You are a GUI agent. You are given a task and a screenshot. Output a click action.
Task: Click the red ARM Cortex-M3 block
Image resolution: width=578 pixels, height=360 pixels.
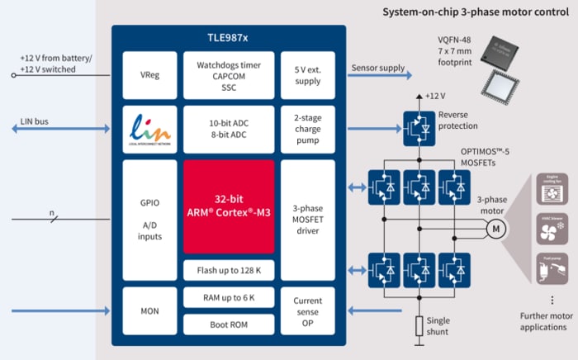[229, 206]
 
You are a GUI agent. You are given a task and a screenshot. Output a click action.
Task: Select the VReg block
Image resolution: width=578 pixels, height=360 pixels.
[149, 73]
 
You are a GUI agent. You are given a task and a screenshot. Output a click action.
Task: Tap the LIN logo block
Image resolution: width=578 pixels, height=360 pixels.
[149, 128]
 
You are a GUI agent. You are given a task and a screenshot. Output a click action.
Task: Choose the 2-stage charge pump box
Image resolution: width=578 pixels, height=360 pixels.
[307, 128]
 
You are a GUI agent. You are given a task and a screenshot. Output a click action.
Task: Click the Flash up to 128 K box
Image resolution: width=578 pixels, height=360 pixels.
[229, 269]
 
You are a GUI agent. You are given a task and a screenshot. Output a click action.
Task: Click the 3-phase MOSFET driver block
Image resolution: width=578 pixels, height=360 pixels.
[307, 219]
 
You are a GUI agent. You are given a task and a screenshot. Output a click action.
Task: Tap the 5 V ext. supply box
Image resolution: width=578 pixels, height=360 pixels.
[307, 73]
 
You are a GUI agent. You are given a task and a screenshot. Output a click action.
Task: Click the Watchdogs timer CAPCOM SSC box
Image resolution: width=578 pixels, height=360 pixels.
[229, 73]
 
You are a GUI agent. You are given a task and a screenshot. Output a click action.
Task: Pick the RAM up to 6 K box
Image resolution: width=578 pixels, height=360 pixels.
[229, 297]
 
